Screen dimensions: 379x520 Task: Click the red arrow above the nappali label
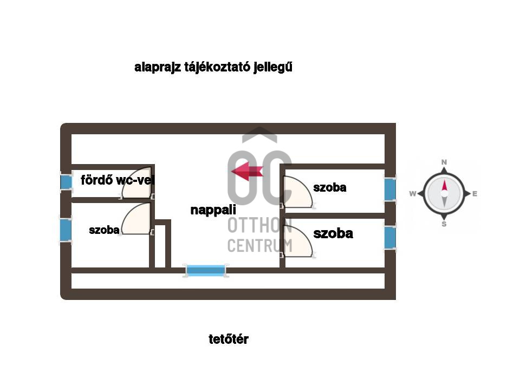pyautogui.click(x=247, y=172)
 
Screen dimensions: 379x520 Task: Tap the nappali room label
pyautogui.click(x=213, y=210)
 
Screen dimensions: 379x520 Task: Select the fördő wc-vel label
pyautogui.click(x=118, y=180)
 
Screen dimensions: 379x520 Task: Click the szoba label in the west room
pyautogui.click(x=104, y=230)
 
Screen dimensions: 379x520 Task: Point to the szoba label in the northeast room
pyautogui.click(x=329, y=188)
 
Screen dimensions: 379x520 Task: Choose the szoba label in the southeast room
pyautogui.click(x=333, y=233)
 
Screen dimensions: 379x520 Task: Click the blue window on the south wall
pyautogui.click(x=206, y=270)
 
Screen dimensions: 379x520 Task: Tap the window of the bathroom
pyautogui.click(x=66, y=181)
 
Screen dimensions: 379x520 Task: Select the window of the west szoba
pyautogui.click(x=66, y=230)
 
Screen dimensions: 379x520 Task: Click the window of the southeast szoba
pyautogui.click(x=390, y=237)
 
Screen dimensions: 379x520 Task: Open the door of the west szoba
pyautogui.click(x=136, y=220)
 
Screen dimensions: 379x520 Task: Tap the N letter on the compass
pyautogui.click(x=444, y=162)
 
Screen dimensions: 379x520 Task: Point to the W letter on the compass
pyautogui.click(x=412, y=194)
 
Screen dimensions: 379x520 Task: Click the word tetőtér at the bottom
pyautogui.click(x=229, y=339)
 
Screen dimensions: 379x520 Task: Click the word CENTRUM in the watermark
pyautogui.click(x=259, y=245)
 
